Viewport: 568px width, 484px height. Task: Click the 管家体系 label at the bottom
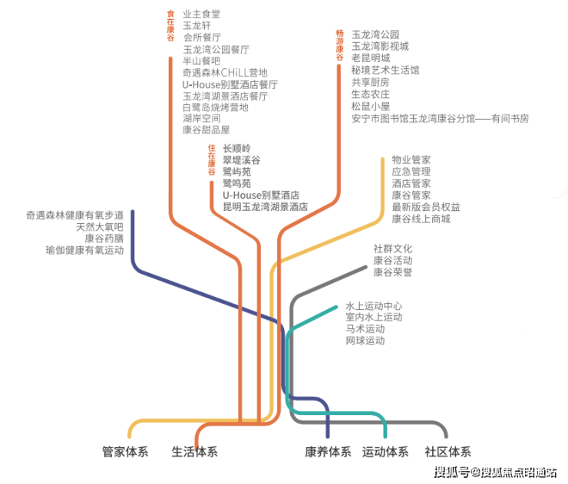(x=125, y=452)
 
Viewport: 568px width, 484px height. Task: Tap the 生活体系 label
(x=194, y=452)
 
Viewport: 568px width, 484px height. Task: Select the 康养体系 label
(x=328, y=452)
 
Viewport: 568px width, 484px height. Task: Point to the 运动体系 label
(x=385, y=452)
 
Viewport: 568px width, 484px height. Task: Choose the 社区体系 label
(x=447, y=452)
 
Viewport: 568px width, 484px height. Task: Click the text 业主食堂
(x=201, y=13)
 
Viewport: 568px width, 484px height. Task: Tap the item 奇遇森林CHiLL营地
(x=225, y=72)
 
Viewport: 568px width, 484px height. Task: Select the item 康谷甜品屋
(x=206, y=130)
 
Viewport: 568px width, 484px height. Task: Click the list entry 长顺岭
(x=236, y=148)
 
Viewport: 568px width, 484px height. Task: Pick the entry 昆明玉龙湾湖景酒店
(x=265, y=207)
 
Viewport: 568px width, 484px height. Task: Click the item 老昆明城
(x=371, y=58)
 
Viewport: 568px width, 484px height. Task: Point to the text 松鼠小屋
(x=371, y=107)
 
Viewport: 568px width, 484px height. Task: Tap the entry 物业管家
(x=411, y=160)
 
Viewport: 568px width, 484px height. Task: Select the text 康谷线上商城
(x=421, y=219)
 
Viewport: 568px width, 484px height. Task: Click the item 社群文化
(x=393, y=249)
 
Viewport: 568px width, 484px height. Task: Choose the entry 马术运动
(x=365, y=328)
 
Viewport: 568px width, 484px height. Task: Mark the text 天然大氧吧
(x=99, y=227)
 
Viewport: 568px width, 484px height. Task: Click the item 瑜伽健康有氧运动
(x=84, y=250)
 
